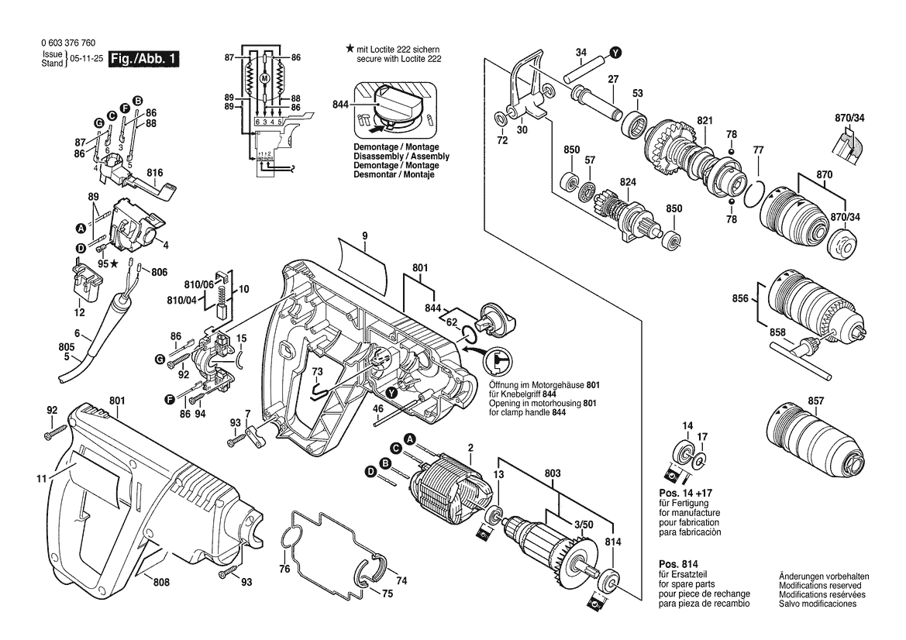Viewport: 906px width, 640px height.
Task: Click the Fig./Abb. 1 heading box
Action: pyautogui.click(x=143, y=59)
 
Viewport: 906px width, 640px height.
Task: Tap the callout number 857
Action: pyautogui.click(x=815, y=401)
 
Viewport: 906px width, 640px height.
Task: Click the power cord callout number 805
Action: pyautogui.click(x=67, y=348)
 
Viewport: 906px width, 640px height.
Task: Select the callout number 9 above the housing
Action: pyautogui.click(x=364, y=236)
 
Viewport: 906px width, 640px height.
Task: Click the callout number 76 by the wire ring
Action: pyautogui.click(x=284, y=569)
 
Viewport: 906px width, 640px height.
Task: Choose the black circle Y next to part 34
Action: pyautogui.click(x=615, y=53)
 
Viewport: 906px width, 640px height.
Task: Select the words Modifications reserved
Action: pyautogui.click(x=824, y=585)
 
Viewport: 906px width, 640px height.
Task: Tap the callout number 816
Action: pyautogui.click(x=155, y=172)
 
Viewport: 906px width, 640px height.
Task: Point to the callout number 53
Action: pyautogui.click(x=637, y=94)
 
